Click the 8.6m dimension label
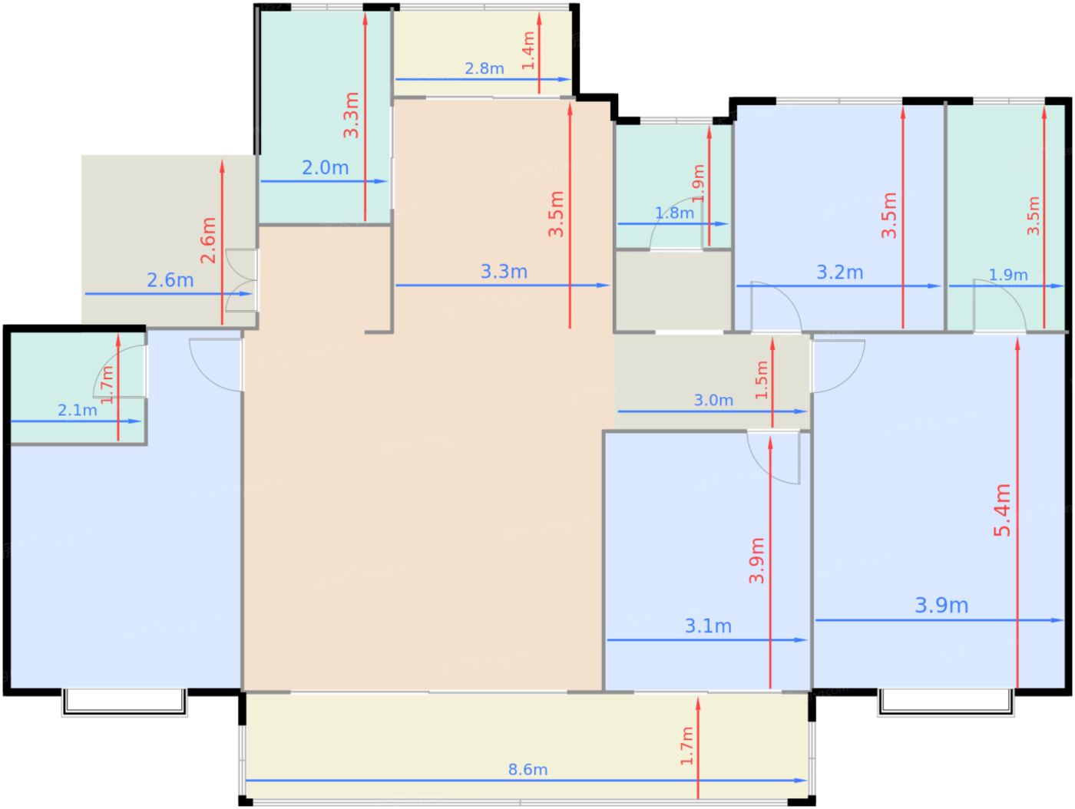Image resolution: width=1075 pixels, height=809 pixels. click(x=527, y=769)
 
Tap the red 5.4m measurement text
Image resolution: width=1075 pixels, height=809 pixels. click(x=1002, y=510)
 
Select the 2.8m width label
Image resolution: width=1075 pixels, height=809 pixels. click(x=484, y=68)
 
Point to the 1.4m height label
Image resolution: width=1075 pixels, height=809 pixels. click(x=528, y=51)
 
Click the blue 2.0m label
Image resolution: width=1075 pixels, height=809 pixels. click(x=326, y=168)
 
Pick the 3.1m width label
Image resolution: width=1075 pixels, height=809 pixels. click(x=708, y=626)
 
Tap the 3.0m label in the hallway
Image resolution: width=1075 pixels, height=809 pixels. click(x=713, y=401)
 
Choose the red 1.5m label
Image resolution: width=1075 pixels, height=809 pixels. click(x=762, y=380)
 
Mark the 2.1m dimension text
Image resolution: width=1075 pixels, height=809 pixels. click(x=78, y=410)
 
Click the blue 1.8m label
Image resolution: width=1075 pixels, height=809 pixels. click(x=674, y=213)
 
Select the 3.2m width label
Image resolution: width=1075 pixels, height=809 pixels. click(x=839, y=272)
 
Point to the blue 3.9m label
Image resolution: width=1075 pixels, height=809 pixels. click(x=941, y=606)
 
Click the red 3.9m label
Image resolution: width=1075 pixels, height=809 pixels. click(x=756, y=560)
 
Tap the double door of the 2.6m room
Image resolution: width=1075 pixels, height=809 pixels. click(x=241, y=280)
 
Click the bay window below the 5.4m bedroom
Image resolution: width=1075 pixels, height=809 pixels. click(x=946, y=703)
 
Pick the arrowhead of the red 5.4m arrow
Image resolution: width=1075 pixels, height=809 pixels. click(x=1017, y=344)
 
